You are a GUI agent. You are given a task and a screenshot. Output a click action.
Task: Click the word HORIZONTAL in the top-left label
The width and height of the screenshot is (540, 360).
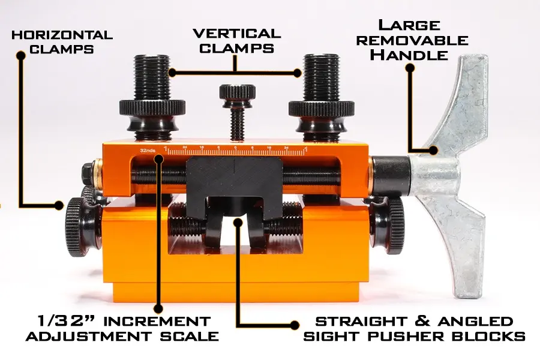62,35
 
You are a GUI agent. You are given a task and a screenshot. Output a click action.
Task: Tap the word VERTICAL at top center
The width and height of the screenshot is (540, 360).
237,34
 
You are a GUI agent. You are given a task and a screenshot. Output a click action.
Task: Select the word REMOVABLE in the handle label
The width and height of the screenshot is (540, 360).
412,40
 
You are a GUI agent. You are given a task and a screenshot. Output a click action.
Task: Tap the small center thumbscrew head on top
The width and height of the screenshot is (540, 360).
237,92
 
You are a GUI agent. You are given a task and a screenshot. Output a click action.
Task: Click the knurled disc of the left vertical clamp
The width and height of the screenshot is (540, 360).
152,108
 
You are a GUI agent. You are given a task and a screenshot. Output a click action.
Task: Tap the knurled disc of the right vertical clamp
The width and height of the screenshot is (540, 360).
322,108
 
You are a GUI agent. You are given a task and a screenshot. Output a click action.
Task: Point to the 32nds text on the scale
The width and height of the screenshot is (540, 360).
148,150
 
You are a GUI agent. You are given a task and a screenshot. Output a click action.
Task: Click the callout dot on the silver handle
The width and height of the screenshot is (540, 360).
433,150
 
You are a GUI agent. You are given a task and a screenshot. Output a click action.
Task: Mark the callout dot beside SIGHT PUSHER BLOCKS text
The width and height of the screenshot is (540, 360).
295,325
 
